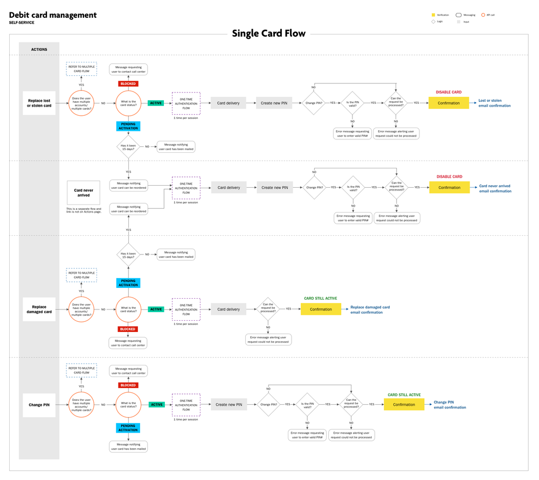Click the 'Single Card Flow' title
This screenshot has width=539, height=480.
268,33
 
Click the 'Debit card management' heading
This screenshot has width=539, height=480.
53,15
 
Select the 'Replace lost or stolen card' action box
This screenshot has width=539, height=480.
39,103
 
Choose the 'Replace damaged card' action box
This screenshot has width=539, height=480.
39,309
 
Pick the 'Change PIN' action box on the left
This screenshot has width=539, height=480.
39,405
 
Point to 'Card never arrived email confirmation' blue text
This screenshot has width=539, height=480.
495,188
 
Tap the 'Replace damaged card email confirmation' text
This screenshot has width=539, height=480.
370,309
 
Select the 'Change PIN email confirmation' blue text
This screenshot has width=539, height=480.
450,405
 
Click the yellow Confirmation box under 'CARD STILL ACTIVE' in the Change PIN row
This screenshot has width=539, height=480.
404,405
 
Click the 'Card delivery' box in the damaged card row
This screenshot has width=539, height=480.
229,309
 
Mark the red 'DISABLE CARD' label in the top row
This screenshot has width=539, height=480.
448,92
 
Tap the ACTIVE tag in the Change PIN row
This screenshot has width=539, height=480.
157,405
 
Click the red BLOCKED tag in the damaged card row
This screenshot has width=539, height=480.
128,329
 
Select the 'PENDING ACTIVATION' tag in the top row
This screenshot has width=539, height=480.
128,126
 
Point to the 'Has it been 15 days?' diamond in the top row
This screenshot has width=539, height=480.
128,146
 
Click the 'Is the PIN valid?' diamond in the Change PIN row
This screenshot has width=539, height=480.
307,405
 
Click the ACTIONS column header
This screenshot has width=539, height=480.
39,50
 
